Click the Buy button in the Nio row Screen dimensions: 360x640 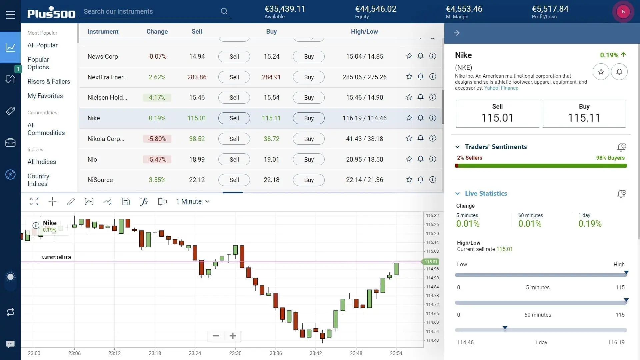point(309,159)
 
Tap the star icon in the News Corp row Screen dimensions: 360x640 point(409,56)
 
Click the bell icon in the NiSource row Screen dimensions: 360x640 point(420,180)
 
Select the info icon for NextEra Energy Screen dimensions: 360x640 point(432,77)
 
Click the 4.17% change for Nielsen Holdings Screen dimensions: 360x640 point(157,97)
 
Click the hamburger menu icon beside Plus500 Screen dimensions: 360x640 point(10,15)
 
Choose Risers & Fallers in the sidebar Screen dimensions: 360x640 point(49,81)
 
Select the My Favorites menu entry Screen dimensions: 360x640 point(45,96)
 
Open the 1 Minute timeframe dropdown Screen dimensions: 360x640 point(192,201)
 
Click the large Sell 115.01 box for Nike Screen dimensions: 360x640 point(497,114)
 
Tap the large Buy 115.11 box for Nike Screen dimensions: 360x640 point(584,114)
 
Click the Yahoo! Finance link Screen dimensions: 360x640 point(501,88)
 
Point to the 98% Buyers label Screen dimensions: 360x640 point(610,158)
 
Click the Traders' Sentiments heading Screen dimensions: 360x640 point(496,147)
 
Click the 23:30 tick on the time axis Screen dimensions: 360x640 point(235,353)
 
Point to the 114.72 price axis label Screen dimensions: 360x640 point(432,304)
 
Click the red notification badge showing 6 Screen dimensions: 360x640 point(623,12)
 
